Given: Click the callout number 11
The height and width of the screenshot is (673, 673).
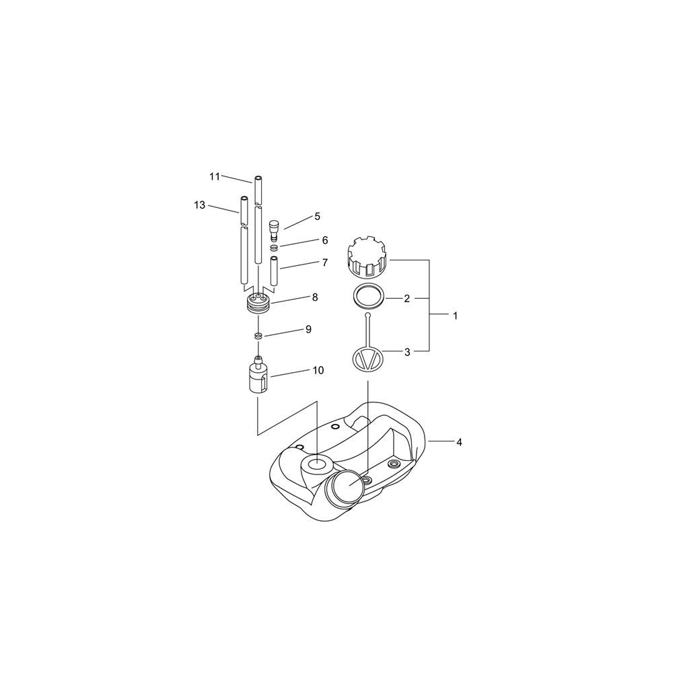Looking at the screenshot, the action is [x=215, y=176].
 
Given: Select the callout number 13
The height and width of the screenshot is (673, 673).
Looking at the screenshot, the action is [x=200, y=205].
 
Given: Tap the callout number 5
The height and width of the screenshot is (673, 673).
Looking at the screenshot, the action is [x=317, y=216].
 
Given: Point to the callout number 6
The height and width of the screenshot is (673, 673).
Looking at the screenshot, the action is [x=325, y=240].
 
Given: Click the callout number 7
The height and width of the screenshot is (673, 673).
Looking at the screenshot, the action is [x=325, y=262].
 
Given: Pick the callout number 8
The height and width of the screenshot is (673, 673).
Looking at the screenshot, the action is [x=315, y=297].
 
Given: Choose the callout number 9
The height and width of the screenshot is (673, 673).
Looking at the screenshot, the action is [x=308, y=329].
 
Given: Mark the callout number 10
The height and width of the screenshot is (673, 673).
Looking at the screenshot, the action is [x=318, y=370].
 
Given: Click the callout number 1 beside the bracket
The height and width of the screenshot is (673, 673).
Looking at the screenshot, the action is [x=456, y=316].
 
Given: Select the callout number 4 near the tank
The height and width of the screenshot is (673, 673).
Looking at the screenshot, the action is [x=459, y=441].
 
